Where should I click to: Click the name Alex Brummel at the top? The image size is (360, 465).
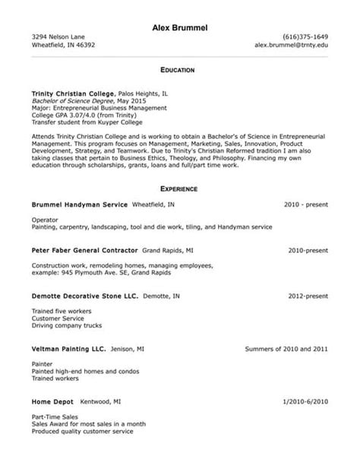click(179, 28)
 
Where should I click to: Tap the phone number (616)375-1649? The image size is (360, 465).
click(305, 37)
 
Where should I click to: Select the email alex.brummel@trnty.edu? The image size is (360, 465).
click(292, 45)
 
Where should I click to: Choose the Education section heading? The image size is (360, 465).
click(179, 69)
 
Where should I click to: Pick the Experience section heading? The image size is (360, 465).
click(179, 188)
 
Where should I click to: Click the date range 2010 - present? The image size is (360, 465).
click(306, 204)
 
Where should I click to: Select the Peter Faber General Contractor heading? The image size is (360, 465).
click(84, 249)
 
